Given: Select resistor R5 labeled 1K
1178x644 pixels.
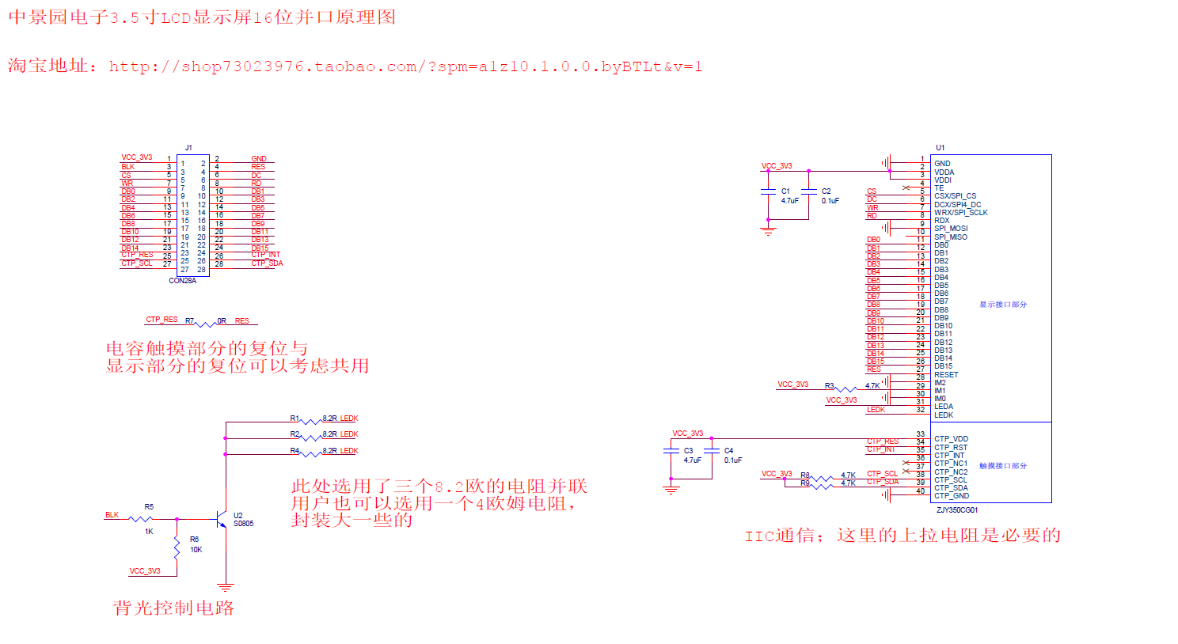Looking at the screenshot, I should pos(141,519).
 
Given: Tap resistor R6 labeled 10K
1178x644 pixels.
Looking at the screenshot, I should pos(177,545).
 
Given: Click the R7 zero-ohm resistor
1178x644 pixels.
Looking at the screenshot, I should pos(205,323).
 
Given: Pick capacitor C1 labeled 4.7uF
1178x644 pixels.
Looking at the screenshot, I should pos(767,191).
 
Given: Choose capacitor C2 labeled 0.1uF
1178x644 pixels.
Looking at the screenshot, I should pos(808,191).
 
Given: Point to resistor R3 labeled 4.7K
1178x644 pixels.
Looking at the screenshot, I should pos(847,388).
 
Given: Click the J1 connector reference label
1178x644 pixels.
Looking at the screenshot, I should pos(188,148).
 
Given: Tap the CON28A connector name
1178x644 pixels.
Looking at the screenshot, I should pos(182,281).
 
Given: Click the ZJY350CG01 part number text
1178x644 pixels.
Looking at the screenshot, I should pos(957,510).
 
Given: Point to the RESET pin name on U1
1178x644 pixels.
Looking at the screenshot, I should pos(946,375).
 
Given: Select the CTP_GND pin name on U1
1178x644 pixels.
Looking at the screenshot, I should pos(951,496).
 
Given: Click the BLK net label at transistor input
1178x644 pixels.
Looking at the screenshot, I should pos(112,515).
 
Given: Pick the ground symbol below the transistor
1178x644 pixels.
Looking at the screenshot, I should pos(226,587).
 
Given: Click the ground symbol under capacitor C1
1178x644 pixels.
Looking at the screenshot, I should pos(767,230).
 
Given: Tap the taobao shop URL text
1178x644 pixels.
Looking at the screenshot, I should pos(405,66).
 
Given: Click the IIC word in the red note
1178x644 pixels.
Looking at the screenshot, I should pos(758,536).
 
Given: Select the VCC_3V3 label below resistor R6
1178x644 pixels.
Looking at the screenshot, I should pos(145,570).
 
